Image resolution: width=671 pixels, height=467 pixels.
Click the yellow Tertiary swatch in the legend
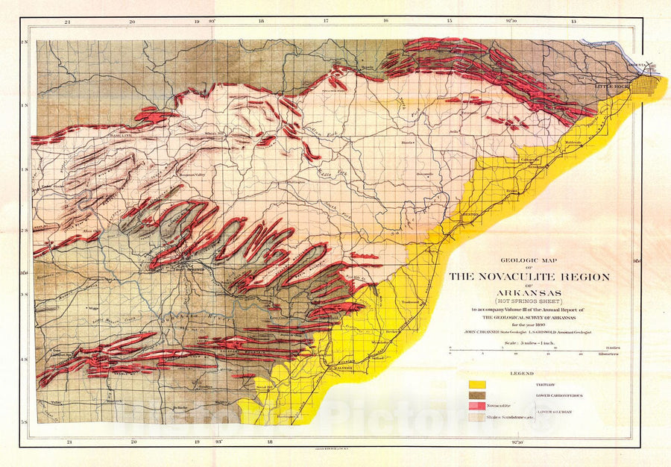pos(477,384)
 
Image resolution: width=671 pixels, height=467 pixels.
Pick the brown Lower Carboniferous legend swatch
pos(477,394)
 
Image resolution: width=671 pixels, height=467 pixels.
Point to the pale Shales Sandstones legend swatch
pos(477,418)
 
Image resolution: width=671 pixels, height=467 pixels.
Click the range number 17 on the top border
pos(326,22)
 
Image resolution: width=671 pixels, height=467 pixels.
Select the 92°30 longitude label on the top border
pos(511,22)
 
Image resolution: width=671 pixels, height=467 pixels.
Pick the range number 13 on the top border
pos(573,22)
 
